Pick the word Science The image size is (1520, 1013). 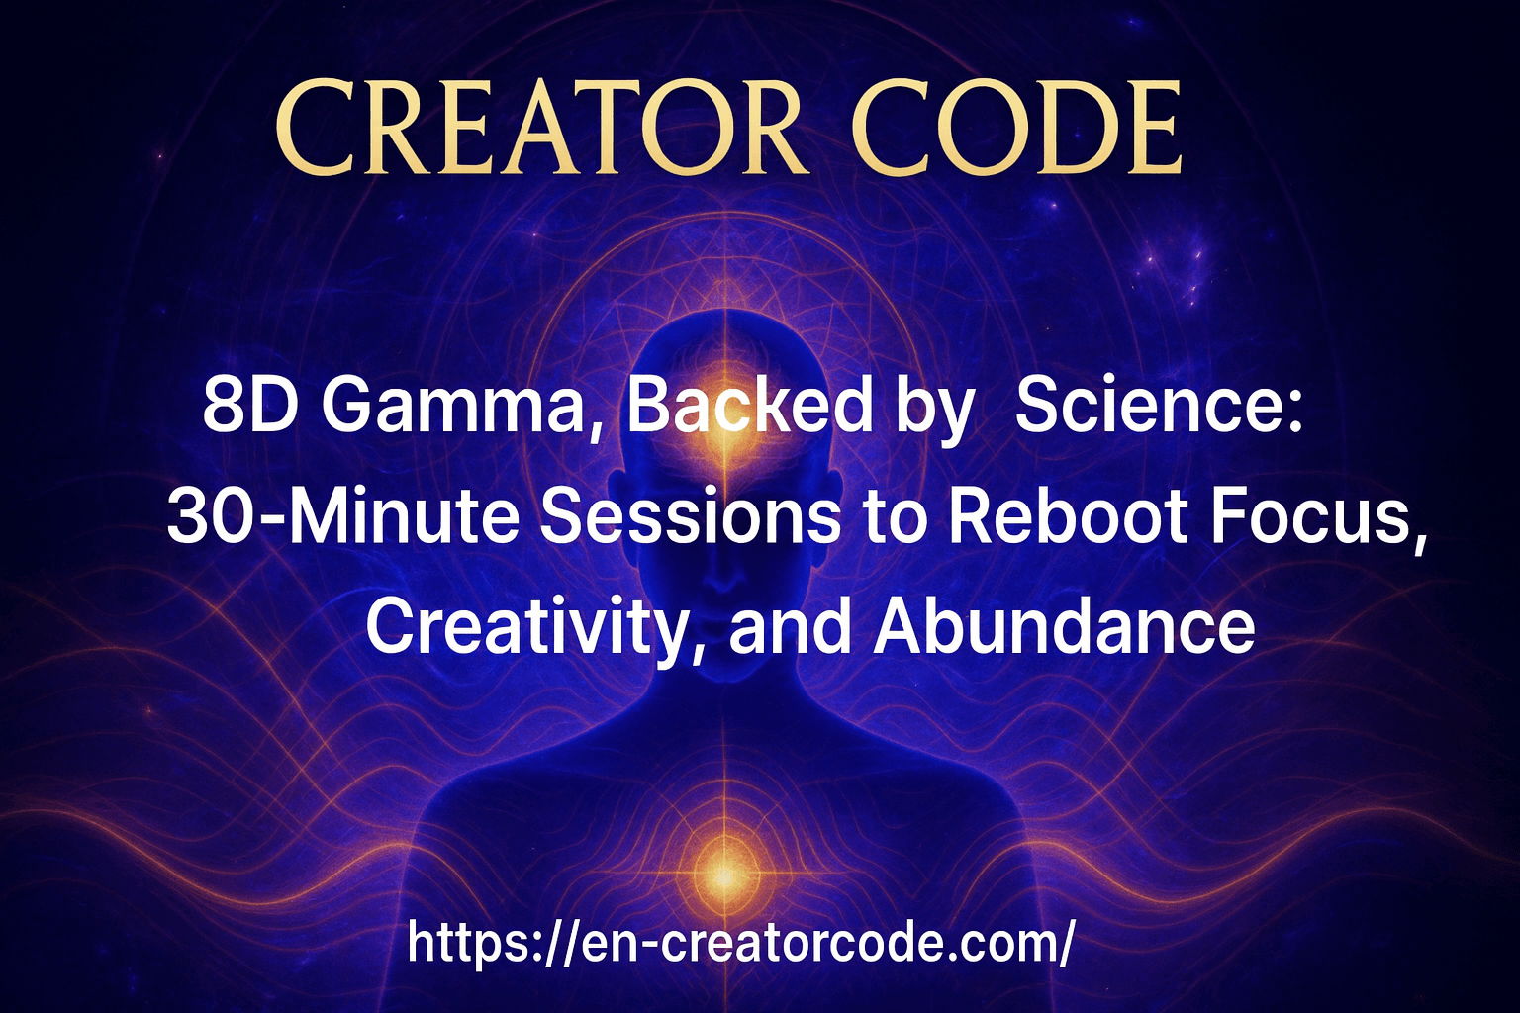click(x=1152, y=408)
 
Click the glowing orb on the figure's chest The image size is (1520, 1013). click(x=724, y=875)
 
